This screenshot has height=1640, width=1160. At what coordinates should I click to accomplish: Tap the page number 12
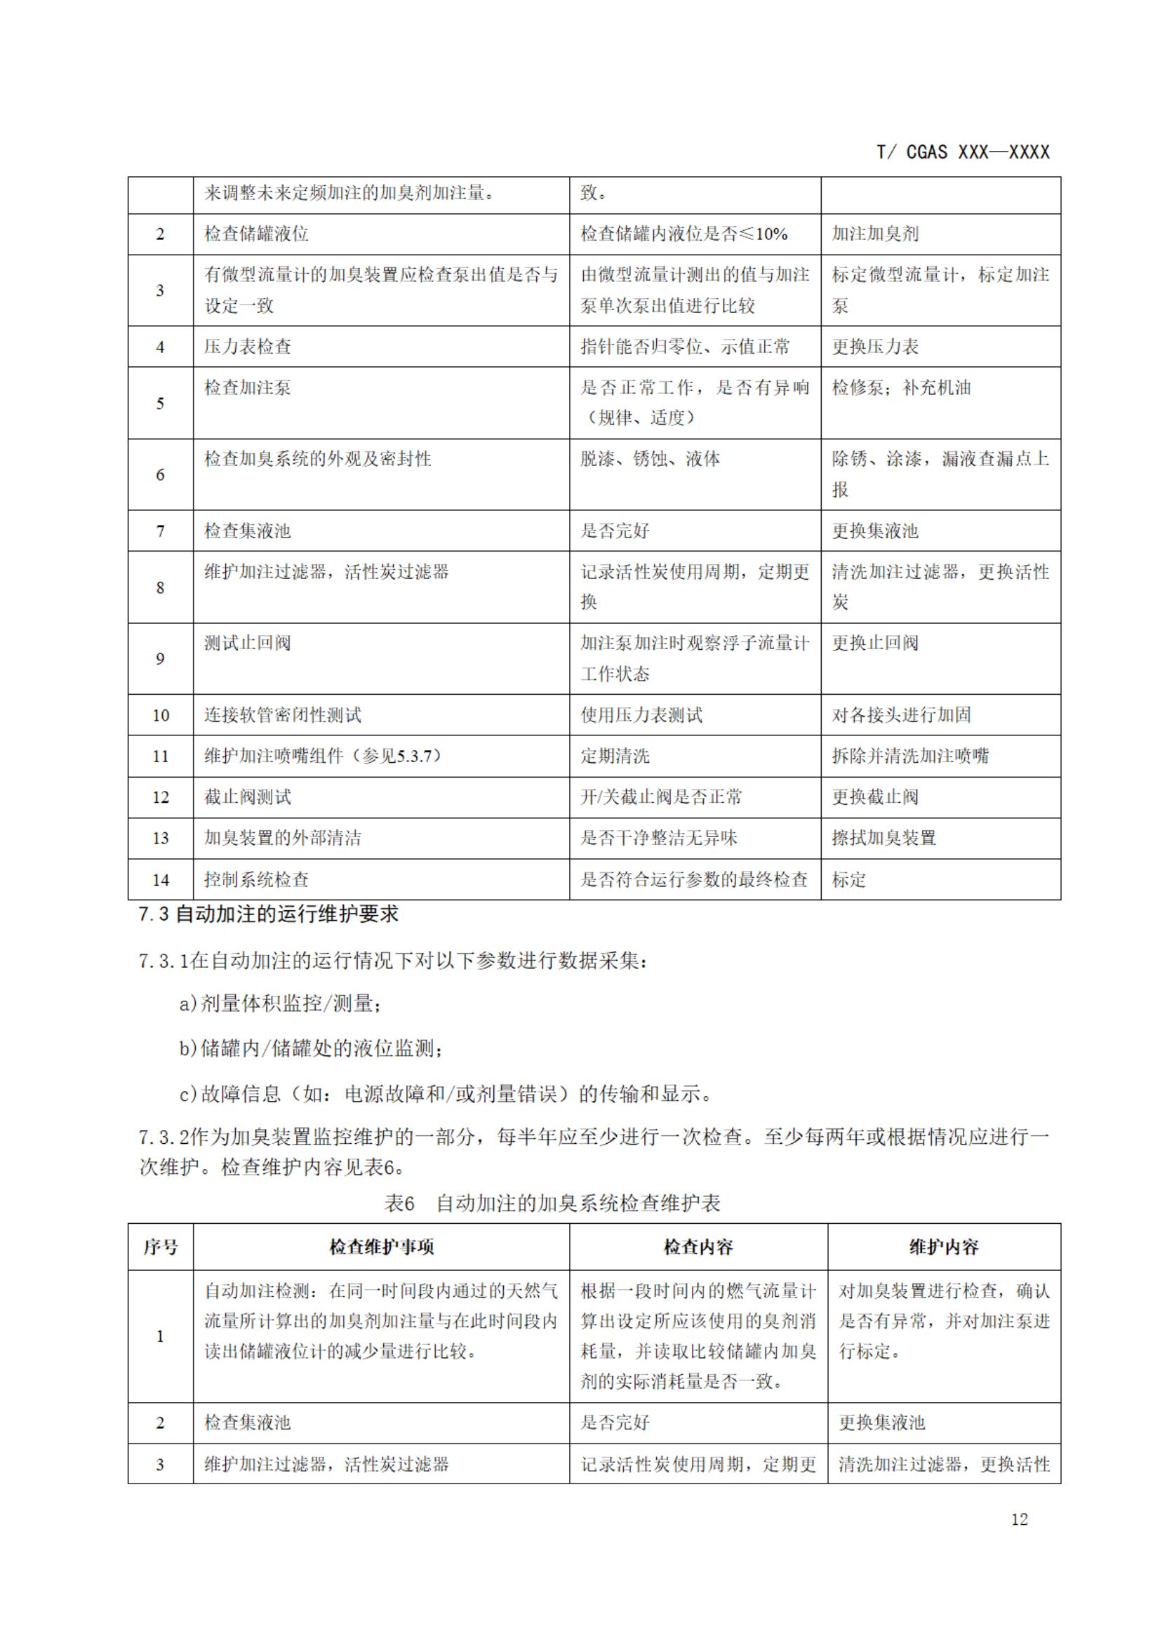pos(1019,1519)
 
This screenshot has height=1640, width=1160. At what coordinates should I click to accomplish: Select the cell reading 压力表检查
pos(248,347)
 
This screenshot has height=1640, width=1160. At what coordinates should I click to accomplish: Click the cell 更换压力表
pos(875,347)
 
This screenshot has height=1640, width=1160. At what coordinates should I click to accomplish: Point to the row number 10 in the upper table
pos(161,715)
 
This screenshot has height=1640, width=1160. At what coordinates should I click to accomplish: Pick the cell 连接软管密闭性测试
pos(283,715)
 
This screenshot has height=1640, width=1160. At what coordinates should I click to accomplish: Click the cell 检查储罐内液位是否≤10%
pos(684,234)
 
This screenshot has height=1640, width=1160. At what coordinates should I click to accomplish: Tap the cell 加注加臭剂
pos(875,234)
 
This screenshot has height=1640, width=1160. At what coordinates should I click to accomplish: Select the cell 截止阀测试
pos(248,797)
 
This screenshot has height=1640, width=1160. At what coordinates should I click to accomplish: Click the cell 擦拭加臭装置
pos(884,838)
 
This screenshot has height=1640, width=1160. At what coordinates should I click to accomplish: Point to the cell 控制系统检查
pos(256,879)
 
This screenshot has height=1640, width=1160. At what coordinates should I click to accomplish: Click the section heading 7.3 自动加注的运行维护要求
pos(269,914)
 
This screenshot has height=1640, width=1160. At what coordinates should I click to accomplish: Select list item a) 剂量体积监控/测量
pos(280,1004)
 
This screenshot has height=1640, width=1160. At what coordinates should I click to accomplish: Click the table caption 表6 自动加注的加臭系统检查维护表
pos(552,1204)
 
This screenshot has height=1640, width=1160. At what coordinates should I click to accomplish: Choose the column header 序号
pos(161,1247)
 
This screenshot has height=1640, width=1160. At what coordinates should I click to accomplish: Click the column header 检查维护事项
pos(382,1247)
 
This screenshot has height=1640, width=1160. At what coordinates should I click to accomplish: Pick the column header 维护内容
pos(944,1247)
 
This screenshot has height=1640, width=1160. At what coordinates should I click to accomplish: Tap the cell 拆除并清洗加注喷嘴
pos(910,756)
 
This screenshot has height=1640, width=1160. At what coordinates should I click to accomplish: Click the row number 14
pos(161,879)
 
